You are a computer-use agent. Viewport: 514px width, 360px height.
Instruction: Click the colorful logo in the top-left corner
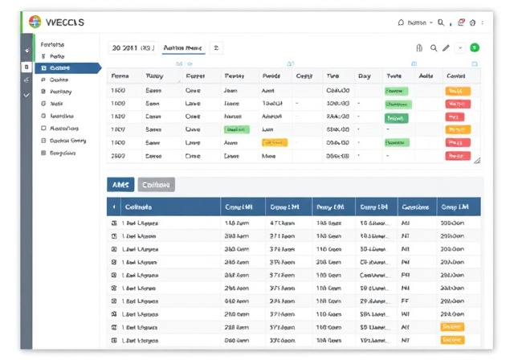tap(35, 22)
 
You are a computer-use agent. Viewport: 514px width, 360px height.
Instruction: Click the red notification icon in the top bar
tap(461, 22)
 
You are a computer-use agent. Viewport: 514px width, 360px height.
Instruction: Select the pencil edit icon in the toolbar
tap(446, 48)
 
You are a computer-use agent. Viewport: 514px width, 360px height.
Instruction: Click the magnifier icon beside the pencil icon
tap(434, 48)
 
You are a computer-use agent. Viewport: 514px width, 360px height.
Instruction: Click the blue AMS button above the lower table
tap(120, 184)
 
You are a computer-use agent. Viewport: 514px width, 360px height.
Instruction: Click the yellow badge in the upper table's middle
tap(275, 142)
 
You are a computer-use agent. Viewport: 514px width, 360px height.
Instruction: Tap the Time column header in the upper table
tap(332, 76)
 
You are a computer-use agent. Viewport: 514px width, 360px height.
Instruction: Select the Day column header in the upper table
tap(364, 76)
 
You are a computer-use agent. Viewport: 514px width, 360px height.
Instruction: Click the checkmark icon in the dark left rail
tap(27, 95)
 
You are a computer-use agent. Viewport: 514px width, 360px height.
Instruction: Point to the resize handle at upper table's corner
tap(477, 160)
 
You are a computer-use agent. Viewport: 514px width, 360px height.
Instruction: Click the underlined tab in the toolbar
tap(182, 48)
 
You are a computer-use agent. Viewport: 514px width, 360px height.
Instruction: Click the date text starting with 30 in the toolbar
tap(132, 48)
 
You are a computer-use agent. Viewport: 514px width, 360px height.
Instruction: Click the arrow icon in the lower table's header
tap(113, 207)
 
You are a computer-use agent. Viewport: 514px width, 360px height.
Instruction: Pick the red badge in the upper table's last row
tap(457, 155)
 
